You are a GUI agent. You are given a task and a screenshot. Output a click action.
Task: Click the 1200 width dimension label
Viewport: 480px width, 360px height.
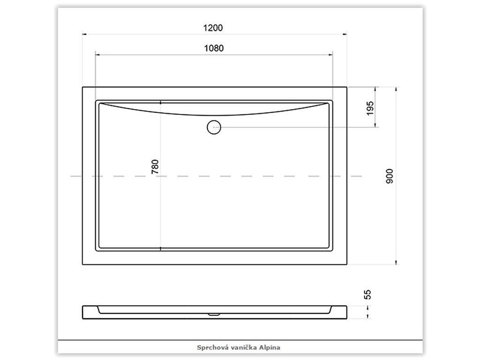click(213, 28)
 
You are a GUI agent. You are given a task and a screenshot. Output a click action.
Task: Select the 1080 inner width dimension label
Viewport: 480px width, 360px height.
click(214, 48)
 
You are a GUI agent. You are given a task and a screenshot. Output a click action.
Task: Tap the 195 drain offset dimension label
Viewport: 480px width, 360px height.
click(370, 108)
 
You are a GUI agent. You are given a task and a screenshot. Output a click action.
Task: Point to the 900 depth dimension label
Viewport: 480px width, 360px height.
click(390, 176)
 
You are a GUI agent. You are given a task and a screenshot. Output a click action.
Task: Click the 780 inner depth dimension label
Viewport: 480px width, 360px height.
click(155, 167)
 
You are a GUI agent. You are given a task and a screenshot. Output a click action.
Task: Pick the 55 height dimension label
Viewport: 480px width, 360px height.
click(367, 294)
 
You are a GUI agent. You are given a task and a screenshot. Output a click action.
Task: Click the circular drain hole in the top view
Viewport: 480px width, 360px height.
click(214, 127)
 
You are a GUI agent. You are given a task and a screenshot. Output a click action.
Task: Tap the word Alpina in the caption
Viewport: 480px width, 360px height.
click(270, 347)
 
